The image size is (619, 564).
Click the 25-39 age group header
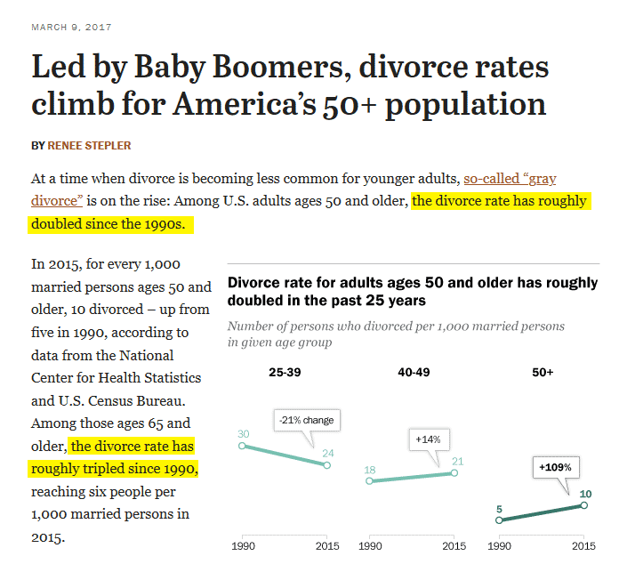[x=285, y=372]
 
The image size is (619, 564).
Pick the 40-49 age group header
[x=414, y=372]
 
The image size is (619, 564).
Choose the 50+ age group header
[x=543, y=372]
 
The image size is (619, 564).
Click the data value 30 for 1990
[x=242, y=434]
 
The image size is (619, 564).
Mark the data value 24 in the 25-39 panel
[x=328, y=452]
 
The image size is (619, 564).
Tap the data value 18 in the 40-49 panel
[x=371, y=469]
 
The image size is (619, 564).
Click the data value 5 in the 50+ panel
[x=500, y=510]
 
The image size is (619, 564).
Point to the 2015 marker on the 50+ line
[x=584, y=504]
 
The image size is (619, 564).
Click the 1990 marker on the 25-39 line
[x=242, y=446]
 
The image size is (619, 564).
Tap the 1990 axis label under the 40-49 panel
[x=371, y=545]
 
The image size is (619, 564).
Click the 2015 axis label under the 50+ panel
[x=583, y=545]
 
